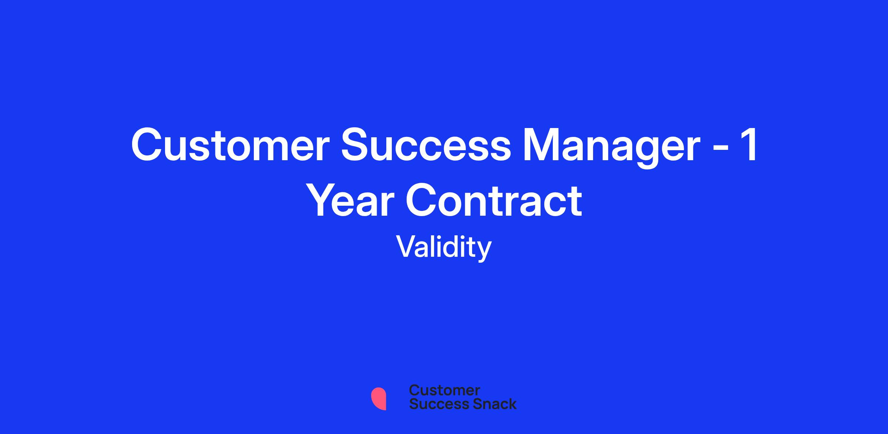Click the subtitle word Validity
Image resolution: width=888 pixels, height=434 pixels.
[x=444, y=247]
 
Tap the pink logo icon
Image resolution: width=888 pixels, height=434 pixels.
[x=379, y=399]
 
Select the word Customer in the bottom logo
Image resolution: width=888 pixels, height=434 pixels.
[x=444, y=390]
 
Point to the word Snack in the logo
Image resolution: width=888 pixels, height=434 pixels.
[x=490, y=404]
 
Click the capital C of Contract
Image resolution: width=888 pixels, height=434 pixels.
[x=422, y=200]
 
